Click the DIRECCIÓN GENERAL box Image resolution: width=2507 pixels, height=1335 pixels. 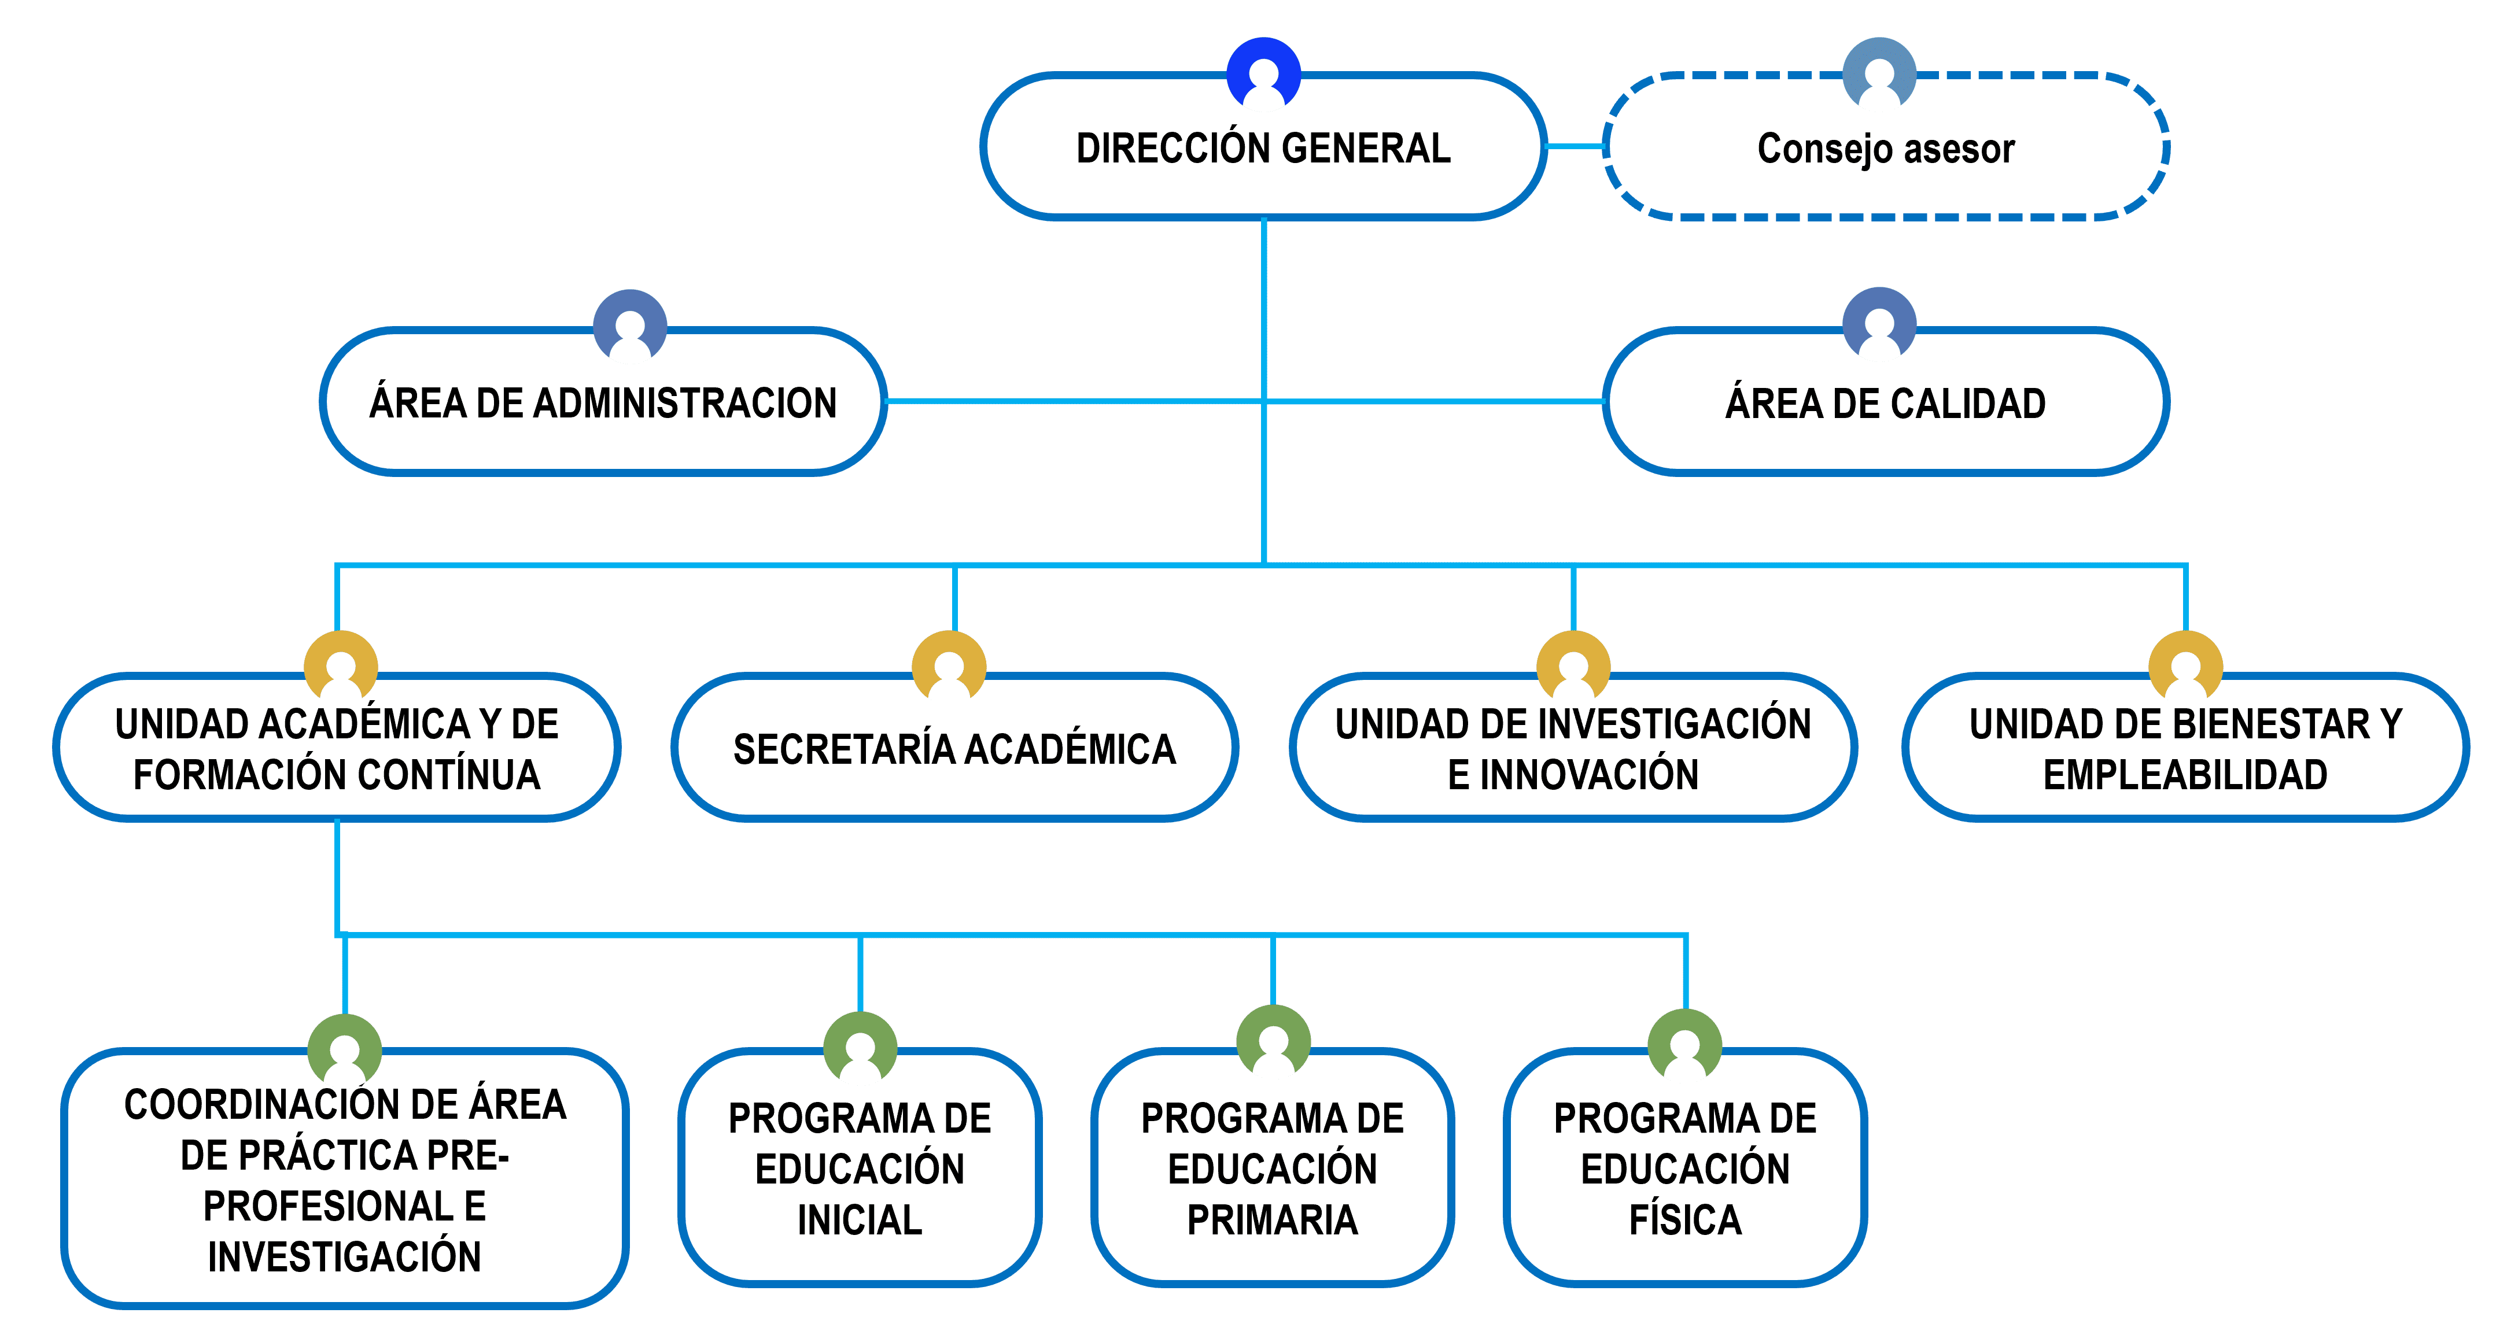click(x=1263, y=149)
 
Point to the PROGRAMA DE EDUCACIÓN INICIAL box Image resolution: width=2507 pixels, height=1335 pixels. click(x=860, y=1168)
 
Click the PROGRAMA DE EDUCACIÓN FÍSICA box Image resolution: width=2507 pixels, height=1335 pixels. click(x=1684, y=1168)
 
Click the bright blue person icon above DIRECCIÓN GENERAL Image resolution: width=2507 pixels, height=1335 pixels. click(x=1263, y=73)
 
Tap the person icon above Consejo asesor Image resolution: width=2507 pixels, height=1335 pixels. click(x=1879, y=73)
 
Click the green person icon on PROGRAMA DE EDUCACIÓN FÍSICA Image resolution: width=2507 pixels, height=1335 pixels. click(x=1684, y=1045)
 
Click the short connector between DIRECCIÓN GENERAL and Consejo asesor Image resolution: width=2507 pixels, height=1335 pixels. click(x=1575, y=147)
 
